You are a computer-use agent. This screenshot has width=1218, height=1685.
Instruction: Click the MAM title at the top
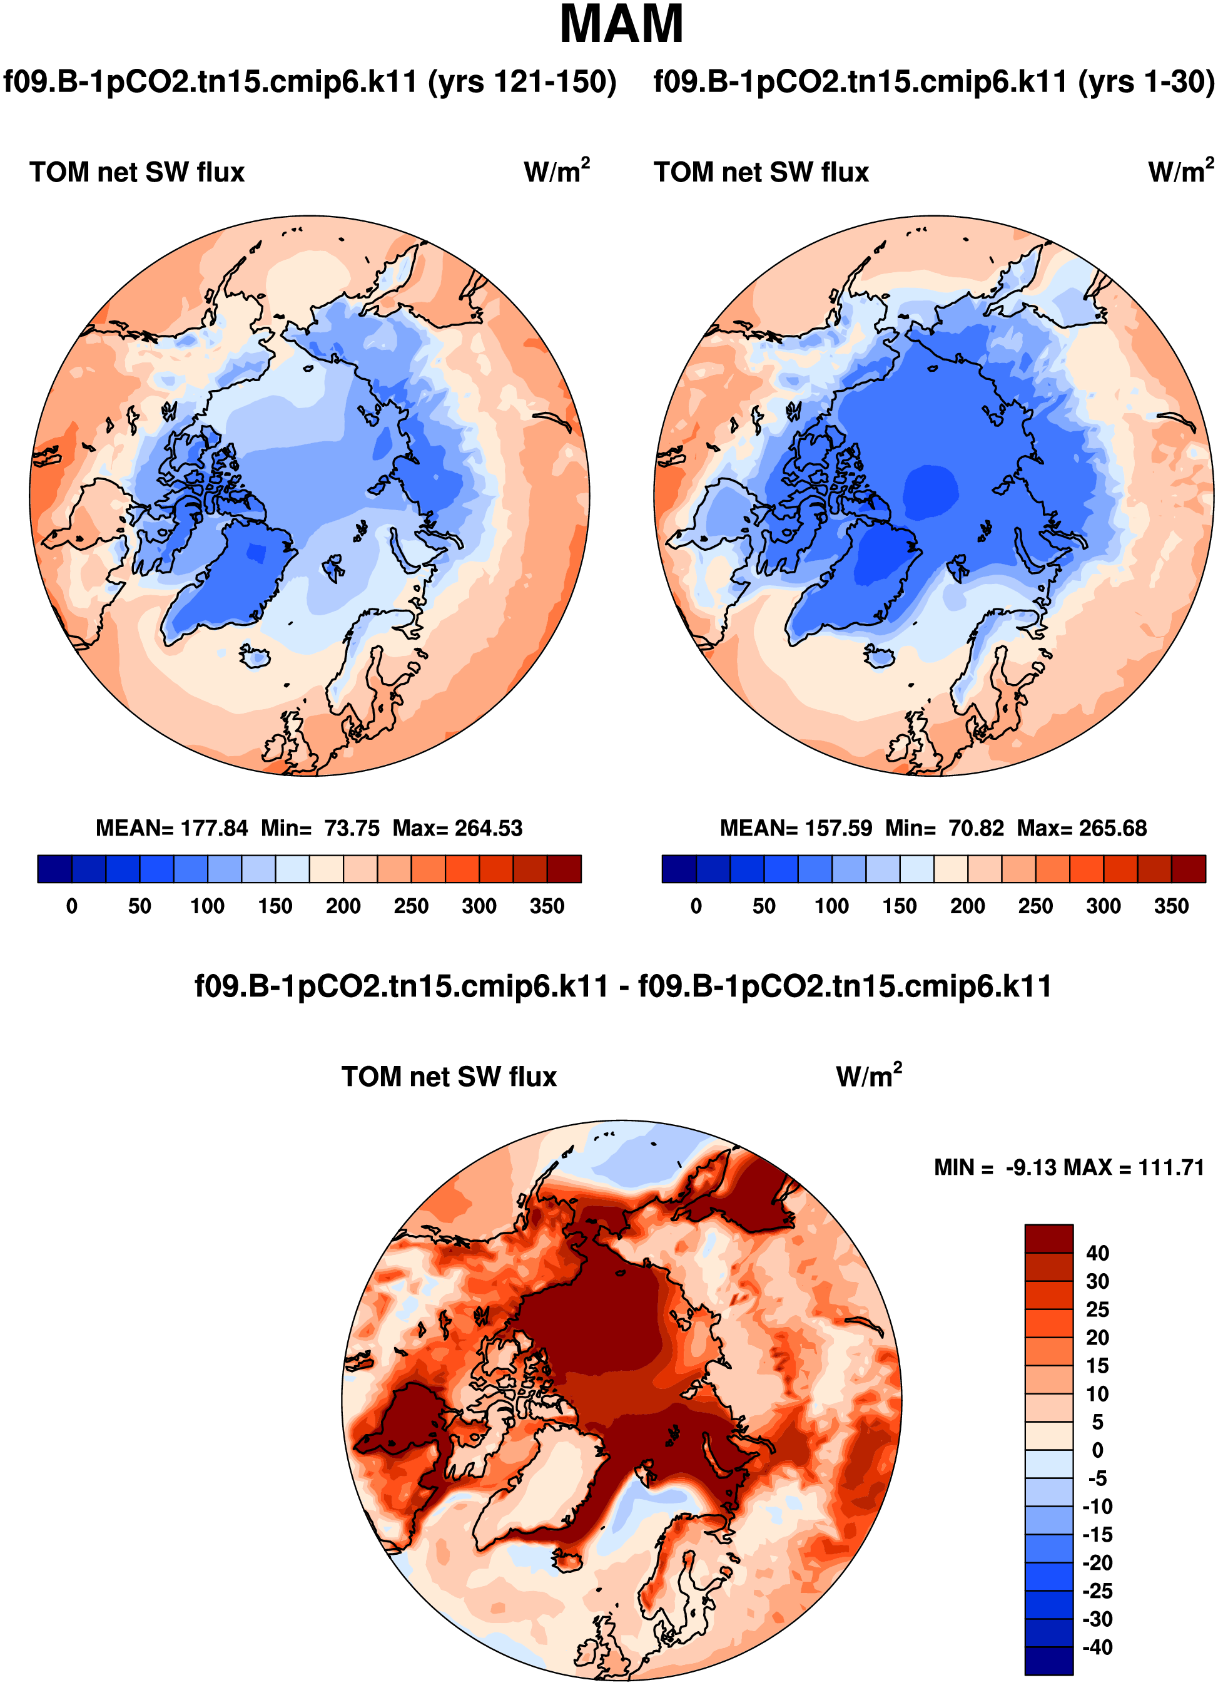click(x=621, y=25)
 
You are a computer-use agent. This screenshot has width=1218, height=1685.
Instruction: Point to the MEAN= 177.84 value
click(x=171, y=827)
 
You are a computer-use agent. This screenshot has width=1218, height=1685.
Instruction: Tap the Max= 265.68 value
click(x=1082, y=827)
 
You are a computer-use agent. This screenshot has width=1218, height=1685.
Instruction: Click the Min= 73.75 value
click(x=320, y=827)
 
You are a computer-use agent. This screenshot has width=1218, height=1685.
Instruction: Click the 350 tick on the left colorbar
click(x=547, y=906)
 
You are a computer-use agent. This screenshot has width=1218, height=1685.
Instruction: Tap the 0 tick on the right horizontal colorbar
click(x=696, y=906)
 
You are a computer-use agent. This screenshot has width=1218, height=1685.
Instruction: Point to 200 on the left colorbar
click(x=343, y=906)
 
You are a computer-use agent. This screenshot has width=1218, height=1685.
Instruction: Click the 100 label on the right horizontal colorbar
click(x=832, y=906)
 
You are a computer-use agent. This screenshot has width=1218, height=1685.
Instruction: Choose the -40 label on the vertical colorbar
click(x=1097, y=1647)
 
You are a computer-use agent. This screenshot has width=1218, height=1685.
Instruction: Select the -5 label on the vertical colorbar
click(x=1097, y=1478)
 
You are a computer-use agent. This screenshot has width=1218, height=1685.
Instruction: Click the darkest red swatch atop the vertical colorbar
click(x=1048, y=1239)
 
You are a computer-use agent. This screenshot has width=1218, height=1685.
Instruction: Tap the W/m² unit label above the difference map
click(x=868, y=1075)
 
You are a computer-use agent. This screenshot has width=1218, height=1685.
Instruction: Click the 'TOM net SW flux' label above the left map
click(x=138, y=172)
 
